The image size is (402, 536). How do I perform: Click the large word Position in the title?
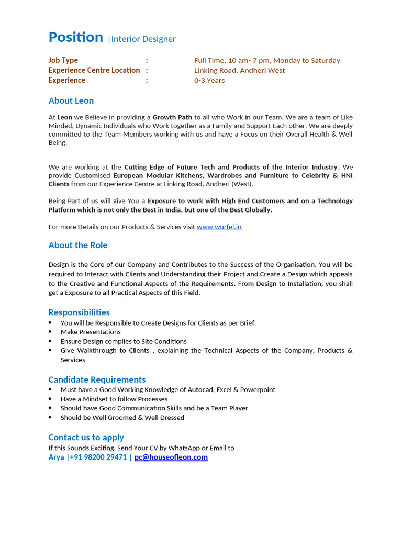click(75, 37)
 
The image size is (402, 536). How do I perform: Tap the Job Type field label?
click(63, 60)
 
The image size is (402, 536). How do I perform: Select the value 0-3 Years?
click(209, 80)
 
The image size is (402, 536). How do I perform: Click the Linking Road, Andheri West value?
click(239, 70)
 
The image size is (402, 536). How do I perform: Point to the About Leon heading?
click(71, 100)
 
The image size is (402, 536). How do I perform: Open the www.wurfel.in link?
click(219, 227)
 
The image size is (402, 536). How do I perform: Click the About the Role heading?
click(77, 245)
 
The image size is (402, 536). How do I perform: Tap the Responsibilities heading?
click(79, 312)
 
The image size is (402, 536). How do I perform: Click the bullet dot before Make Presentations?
click(50, 332)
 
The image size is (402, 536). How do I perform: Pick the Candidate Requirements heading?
click(97, 379)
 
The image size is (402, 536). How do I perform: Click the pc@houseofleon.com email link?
click(171, 457)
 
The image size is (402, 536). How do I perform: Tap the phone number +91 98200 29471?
click(98, 457)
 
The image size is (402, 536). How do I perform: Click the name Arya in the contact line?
click(56, 457)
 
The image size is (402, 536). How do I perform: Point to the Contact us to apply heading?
click(86, 437)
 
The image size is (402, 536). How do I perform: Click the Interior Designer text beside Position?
click(143, 39)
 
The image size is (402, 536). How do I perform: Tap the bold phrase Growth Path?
click(172, 117)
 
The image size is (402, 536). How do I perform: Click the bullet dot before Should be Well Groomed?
click(50, 418)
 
